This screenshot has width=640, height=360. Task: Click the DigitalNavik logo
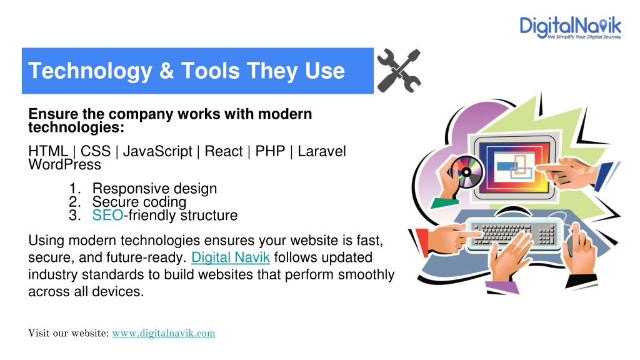coord(570,27)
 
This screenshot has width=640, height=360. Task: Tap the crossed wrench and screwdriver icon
coord(399,71)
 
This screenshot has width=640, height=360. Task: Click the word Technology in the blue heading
coord(90,71)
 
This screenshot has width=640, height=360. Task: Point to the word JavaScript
coord(157,151)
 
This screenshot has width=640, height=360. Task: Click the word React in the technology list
coord(224,151)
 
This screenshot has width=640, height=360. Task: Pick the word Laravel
coord(322,151)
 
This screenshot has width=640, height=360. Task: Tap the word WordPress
coord(64,164)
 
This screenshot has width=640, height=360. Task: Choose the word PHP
coord(270,151)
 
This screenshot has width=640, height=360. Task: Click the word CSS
coord(96,151)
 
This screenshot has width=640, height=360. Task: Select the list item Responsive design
coord(155,189)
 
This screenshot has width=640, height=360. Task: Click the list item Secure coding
coord(139,202)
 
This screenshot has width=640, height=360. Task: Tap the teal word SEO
coord(107,215)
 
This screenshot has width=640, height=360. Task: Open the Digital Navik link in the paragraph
coord(231,257)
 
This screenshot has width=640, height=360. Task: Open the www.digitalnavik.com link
coord(164,334)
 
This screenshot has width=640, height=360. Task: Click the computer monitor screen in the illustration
coord(515,167)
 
